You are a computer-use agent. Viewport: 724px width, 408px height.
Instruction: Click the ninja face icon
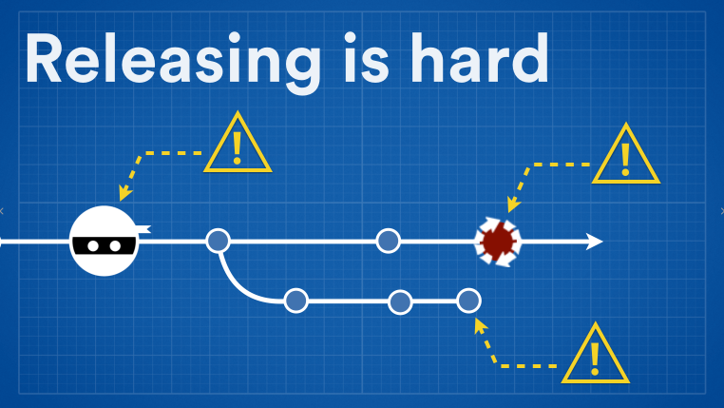click(105, 241)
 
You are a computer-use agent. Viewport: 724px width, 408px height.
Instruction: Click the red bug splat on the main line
click(497, 242)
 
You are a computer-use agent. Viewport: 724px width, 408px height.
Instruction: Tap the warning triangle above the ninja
click(238, 146)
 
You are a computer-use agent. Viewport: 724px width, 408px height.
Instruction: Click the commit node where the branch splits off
click(219, 241)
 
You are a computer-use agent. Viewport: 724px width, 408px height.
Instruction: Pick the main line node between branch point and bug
click(388, 241)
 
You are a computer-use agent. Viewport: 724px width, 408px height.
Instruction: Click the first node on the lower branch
click(296, 301)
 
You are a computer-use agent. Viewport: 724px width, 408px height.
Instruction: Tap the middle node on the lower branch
click(400, 302)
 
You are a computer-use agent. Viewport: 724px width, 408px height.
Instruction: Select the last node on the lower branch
click(468, 301)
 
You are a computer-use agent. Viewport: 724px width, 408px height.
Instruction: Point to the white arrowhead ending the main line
click(594, 242)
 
